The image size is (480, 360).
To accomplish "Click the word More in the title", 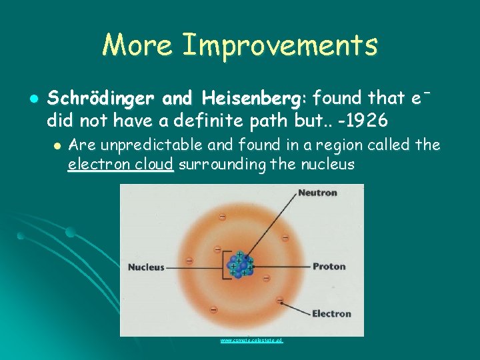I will point(138,45).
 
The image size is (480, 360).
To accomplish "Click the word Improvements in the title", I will point(280,45).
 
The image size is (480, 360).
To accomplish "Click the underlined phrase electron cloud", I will point(121,164).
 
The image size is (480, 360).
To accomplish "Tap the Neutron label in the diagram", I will point(317,193).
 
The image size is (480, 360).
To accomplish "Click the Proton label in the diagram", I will point(329,267).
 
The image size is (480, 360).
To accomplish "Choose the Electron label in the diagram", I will point(331,313).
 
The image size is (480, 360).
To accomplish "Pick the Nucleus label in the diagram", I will point(146,267).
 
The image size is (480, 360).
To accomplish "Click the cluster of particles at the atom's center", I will point(239,264).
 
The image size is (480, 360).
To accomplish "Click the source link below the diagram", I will point(252,340).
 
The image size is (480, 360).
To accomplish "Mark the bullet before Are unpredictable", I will point(57,145).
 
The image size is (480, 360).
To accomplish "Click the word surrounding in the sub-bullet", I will point(223,164).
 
